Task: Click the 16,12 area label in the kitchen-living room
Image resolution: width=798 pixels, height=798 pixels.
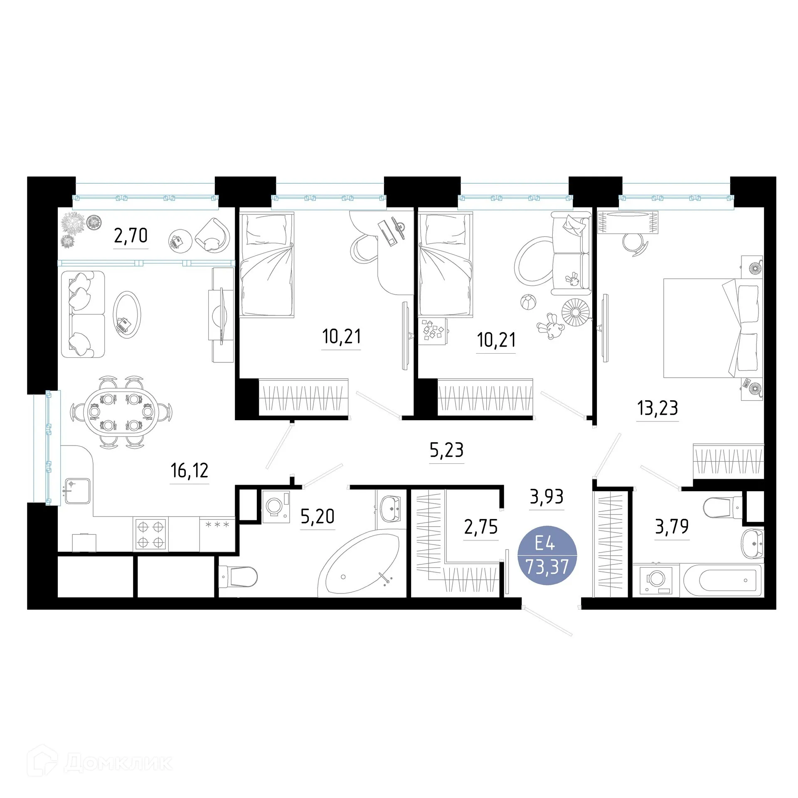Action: pyautogui.click(x=189, y=471)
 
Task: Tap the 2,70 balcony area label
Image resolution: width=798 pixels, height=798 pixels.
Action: pyautogui.click(x=131, y=236)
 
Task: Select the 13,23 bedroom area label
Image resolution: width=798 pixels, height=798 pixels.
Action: pyautogui.click(x=658, y=408)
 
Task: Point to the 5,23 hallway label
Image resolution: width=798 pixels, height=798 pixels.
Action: pyautogui.click(x=446, y=450)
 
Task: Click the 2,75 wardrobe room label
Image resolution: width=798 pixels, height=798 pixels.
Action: pyautogui.click(x=481, y=527)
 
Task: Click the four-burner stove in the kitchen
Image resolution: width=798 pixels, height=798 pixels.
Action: pyautogui.click(x=150, y=534)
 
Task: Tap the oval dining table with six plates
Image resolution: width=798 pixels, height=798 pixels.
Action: pyautogui.click(x=120, y=411)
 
